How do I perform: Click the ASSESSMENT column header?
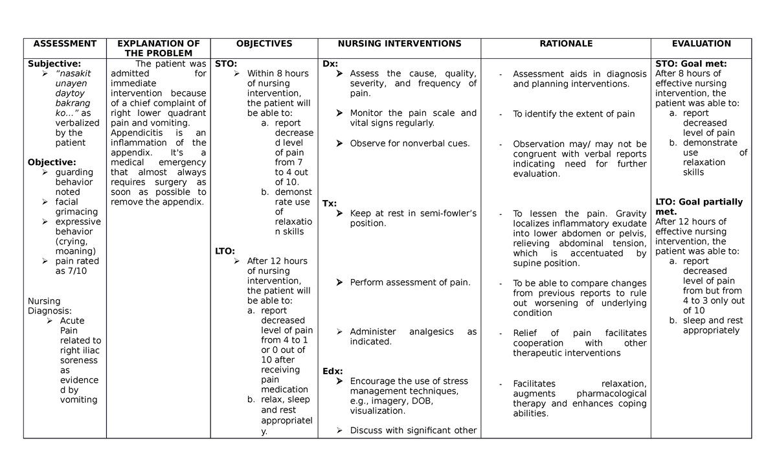coord(65,43)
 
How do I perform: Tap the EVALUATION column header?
coord(701,43)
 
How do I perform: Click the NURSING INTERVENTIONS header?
coord(400,43)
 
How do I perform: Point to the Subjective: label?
coord(54,63)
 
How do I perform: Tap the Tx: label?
coord(330,203)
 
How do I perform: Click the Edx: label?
coord(333,371)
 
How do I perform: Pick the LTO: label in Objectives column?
coord(225,251)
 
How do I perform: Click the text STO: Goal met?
coord(691,63)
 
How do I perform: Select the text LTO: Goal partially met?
coord(699,207)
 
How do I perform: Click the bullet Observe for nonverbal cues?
coord(410,143)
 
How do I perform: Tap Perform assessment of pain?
coord(410,282)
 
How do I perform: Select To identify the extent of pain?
coord(574,114)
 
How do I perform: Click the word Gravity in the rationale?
coord(631,214)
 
